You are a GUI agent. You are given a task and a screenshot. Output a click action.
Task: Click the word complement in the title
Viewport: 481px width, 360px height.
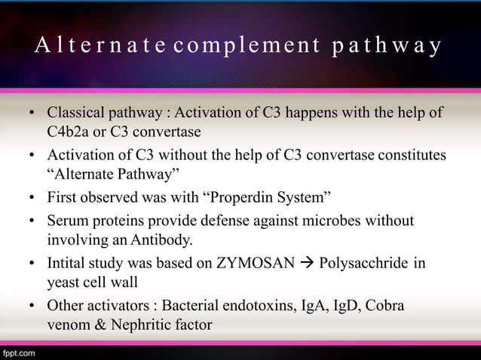[244, 48]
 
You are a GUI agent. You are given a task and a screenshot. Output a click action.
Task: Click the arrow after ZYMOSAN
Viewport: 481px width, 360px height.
[308, 265]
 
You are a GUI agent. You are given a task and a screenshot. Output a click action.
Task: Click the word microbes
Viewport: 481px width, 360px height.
[341, 221]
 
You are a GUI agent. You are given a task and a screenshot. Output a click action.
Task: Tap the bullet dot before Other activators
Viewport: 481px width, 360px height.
[31, 307]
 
